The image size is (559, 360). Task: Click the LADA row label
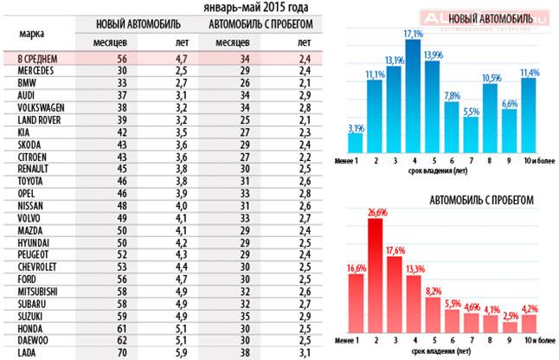pos(25,352)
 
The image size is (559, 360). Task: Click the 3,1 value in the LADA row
pos(304,352)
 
